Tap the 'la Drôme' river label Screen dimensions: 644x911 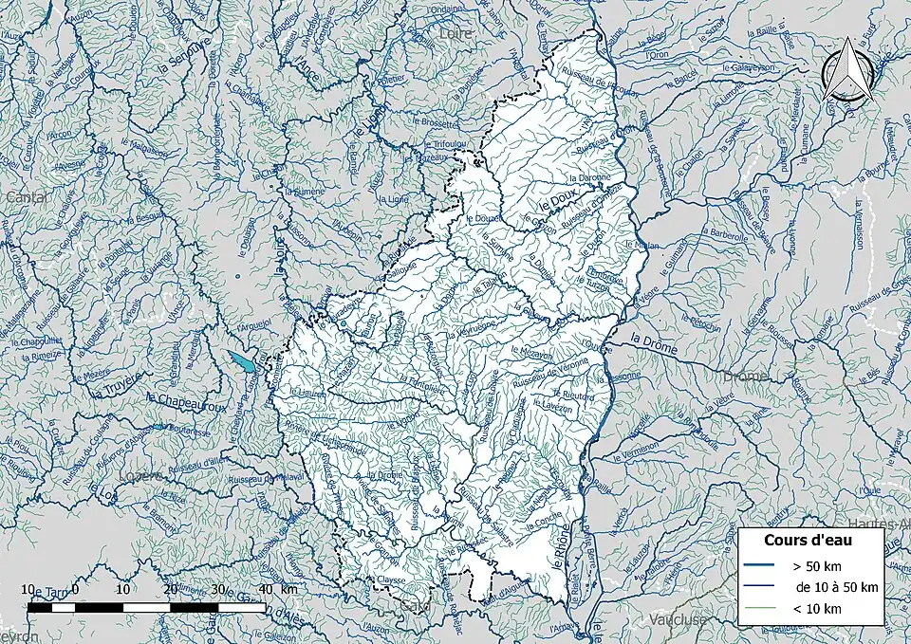(653, 349)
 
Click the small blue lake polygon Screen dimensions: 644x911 (242, 362)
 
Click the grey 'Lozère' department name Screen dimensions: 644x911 (141, 476)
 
